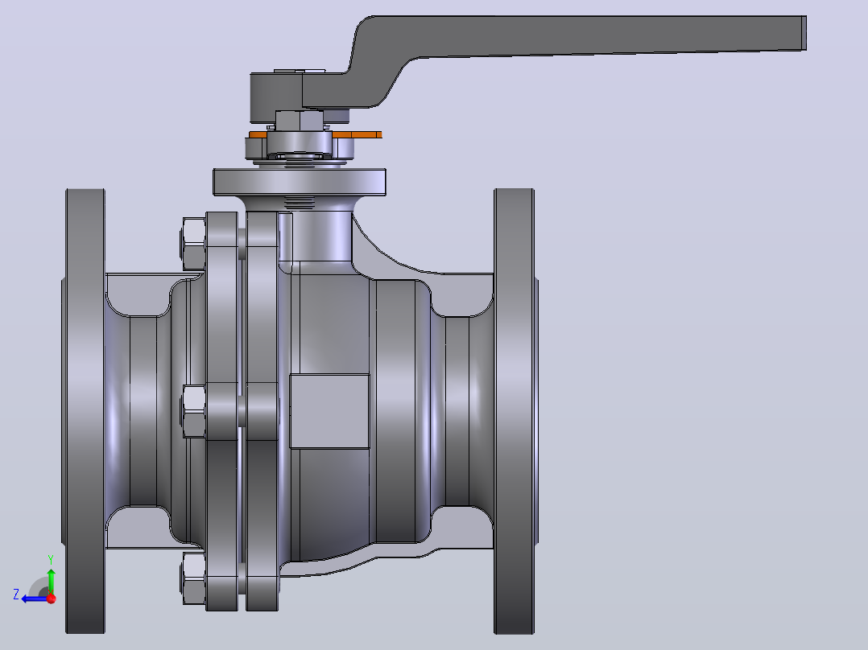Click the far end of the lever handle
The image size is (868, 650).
804,33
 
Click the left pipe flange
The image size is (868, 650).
85,411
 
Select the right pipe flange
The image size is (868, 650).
515,411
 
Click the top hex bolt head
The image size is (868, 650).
193,244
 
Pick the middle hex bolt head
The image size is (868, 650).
193,412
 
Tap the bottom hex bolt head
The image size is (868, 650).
193,578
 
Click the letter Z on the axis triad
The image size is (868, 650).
16,594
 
